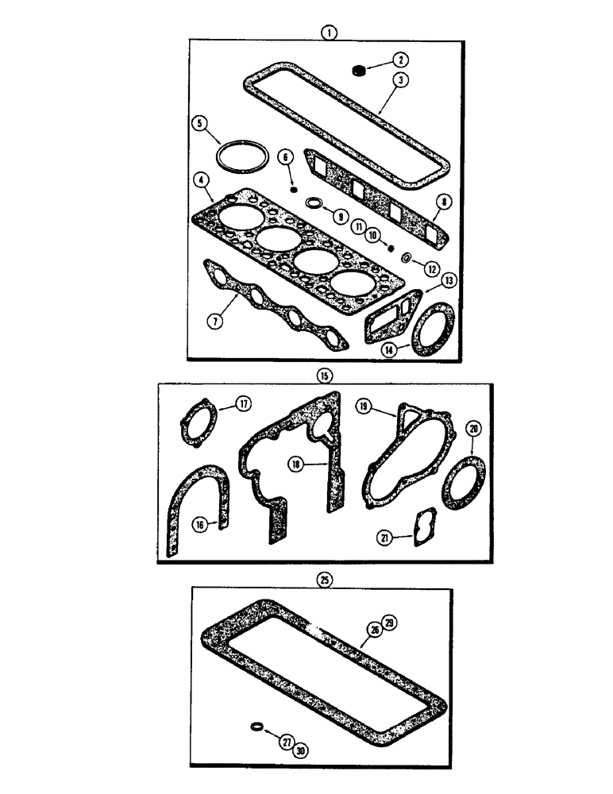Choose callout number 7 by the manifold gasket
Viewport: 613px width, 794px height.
(214, 321)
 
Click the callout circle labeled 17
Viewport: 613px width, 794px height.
(242, 404)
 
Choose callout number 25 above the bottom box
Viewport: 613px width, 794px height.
(323, 580)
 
